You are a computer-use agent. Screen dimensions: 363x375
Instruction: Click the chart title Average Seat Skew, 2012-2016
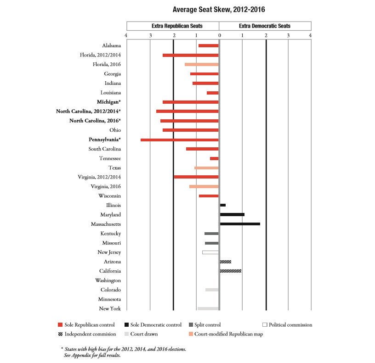pyautogui.click(x=219, y=9)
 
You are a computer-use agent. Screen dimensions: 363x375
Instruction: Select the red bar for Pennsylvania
pyautogui.click(x=180, y=140)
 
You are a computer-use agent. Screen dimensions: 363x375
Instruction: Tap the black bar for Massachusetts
pyautogui.click(x=240, y=224)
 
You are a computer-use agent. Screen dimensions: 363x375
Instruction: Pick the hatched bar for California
pyautogui.click(x=231, y=271)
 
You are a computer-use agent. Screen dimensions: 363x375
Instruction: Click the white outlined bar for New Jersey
pyautogui.click(x=210, y=252)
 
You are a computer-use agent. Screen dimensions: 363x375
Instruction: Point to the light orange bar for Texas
pyautogui.click(x=206, y=168)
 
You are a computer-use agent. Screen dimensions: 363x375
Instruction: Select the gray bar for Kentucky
pyautogui.click(x=211, y=234)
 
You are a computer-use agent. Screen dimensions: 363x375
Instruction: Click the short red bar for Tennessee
pyautogui.click(x=214, y=158)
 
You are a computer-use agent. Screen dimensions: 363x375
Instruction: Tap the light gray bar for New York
pyautogui.click(x=208, y=308)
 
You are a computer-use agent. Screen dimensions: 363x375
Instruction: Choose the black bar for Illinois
pyautogui.click(x=223, y=205)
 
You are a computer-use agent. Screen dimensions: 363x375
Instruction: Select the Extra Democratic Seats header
pyautogui.click(x=265, y=26)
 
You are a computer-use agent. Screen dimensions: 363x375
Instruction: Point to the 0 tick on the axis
pyautogui.click(x=219, y=36)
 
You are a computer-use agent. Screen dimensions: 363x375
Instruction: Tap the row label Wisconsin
pyautogui.click(x=109, y=196)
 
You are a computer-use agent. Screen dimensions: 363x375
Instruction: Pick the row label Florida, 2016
pyautogui.click(x=107, y=64)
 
